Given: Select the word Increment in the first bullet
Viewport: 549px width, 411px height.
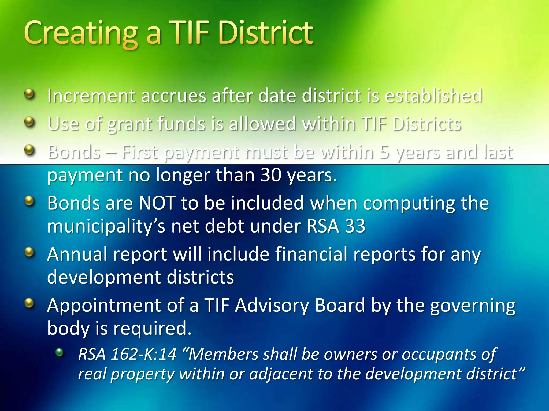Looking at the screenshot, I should point(91,96).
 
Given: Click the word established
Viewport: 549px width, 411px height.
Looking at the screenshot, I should point(433,96).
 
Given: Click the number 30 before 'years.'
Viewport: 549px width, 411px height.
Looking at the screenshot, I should point(271,175).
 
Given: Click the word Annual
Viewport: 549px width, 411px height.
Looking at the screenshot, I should point(77,254).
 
